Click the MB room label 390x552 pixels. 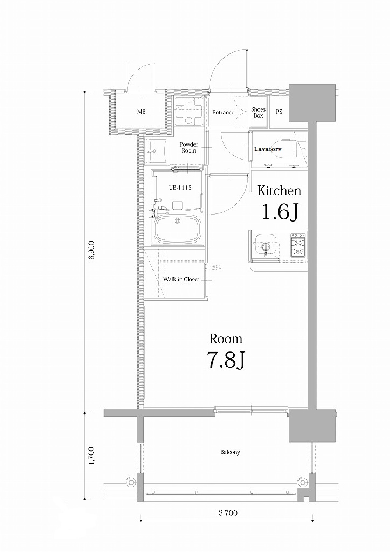141,112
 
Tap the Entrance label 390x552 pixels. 223,113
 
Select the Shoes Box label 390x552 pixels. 259,112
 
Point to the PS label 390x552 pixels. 279,112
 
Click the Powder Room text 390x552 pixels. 189,148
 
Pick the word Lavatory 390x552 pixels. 268,149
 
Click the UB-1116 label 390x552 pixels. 180,188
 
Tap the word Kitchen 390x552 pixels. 278,190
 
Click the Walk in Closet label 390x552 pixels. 181,280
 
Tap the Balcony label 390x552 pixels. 229,452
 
